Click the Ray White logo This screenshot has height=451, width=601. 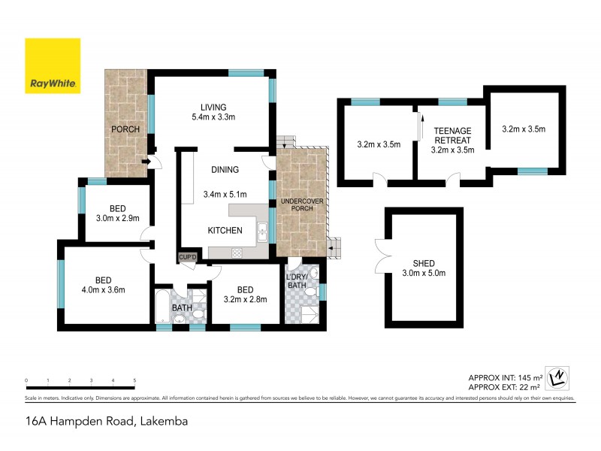click(53, 65)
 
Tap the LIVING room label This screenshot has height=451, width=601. click(213, 107)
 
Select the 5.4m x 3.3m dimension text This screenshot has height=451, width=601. click(213, 117)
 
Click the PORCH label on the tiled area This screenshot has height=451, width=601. click(125, 129)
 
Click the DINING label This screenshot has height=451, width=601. click(225, 170)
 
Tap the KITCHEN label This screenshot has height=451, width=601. click(225, 230)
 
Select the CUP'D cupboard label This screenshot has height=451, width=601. click(187, 258)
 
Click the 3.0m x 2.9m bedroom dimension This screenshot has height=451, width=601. click(117, 219)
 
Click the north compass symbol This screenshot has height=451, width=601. click(557, 377)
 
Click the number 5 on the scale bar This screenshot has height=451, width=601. click(134, 381)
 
